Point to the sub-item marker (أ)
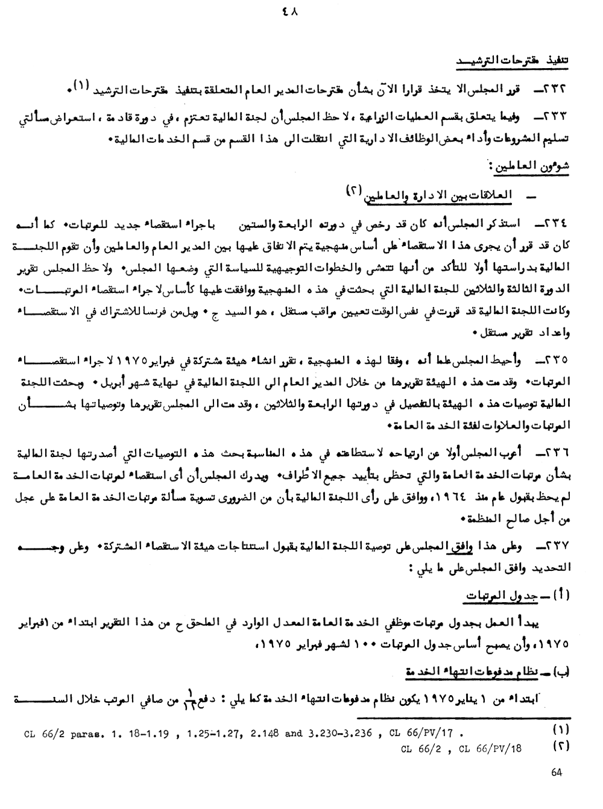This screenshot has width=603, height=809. tap(561, 594)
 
